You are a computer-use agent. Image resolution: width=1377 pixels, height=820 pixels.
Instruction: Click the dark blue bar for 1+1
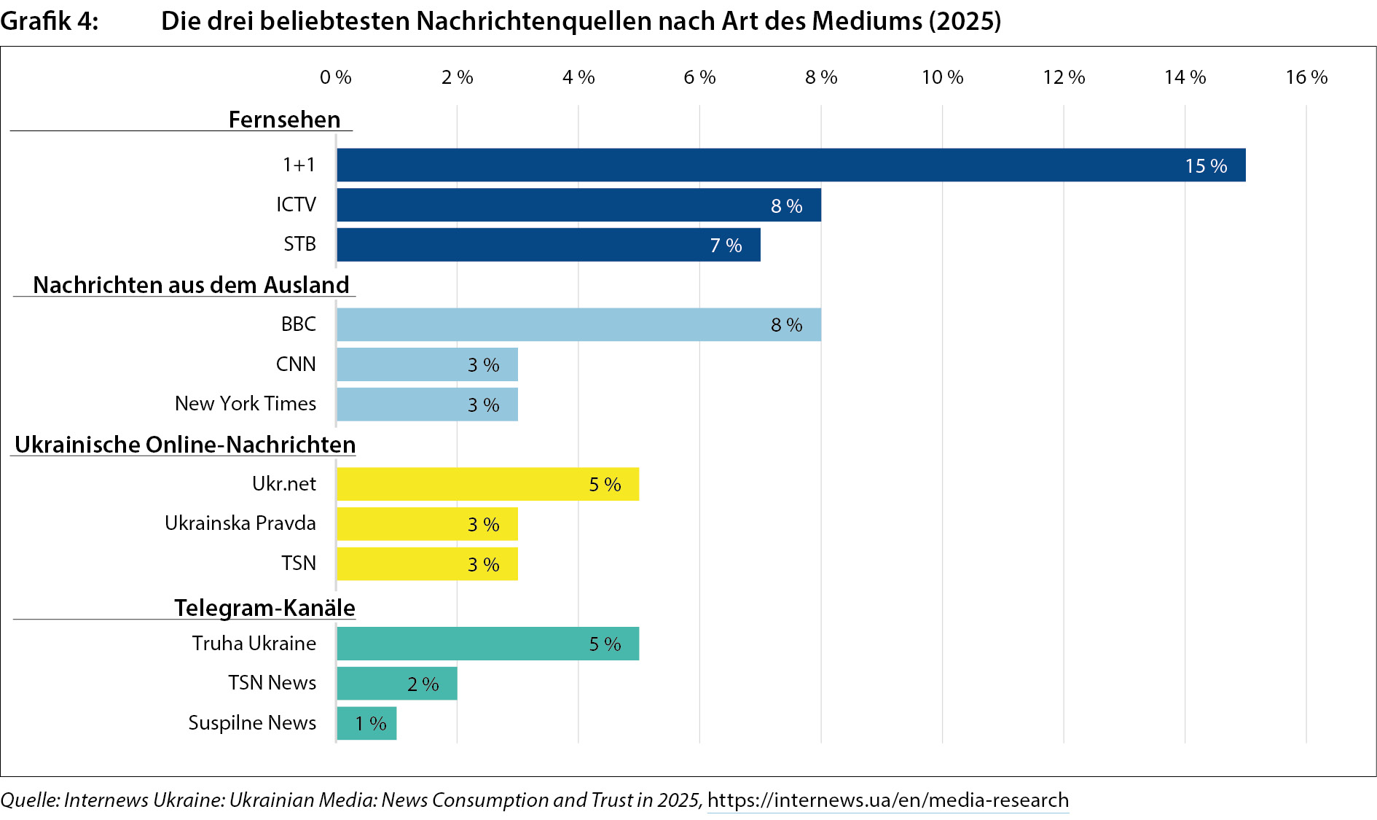[790, 165]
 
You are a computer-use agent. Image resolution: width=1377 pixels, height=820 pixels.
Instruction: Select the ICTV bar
[578, 205]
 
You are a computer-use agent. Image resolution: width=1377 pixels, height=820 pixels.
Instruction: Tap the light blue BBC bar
[578, 324]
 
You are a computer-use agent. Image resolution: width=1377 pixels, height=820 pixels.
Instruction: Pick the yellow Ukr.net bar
[487, 484]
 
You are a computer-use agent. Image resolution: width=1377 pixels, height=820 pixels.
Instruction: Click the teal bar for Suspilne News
[366, 723]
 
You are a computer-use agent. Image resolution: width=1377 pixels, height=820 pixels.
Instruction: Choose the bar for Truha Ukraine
[487, 644]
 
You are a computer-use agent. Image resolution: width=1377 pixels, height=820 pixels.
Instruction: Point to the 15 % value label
[1206, 166]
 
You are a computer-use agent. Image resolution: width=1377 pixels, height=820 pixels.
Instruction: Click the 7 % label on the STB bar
[726, 246]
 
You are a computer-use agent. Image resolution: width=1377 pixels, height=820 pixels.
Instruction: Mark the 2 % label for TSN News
[423, 684]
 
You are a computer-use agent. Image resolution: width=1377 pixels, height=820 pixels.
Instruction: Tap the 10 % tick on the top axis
[942, 77]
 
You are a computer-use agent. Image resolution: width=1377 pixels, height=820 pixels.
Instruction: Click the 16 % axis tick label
[1306, 77]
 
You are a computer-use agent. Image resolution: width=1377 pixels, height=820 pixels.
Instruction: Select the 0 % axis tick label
[335, 77]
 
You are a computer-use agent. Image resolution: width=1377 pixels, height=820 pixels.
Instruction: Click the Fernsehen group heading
[284, 120]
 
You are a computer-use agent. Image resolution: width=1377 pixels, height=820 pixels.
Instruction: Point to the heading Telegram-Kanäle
[264, 608]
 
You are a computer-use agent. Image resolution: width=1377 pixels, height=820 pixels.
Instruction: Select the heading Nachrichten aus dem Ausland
[191, 285]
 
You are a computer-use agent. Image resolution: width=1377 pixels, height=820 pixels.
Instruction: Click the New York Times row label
[246, 404]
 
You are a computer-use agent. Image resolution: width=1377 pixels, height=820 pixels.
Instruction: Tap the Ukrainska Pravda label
[240, 523]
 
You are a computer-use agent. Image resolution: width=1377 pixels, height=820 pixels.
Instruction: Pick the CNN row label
[296, 364]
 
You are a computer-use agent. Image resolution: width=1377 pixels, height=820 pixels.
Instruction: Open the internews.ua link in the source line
[887, 800]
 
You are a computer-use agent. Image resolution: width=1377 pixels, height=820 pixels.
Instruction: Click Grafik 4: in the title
[49, 21]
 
